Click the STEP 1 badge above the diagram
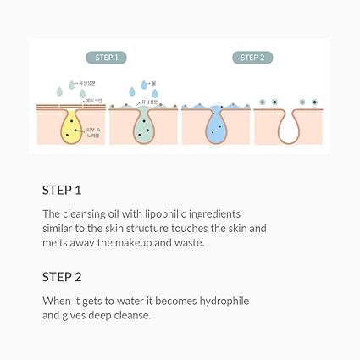(x=107, y=58)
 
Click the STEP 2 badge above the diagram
(x=252, y=58)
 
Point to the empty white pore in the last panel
(x=290, y=125)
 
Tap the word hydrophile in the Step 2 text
(x=221, y=300)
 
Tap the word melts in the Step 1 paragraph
(x=57, y=244)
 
